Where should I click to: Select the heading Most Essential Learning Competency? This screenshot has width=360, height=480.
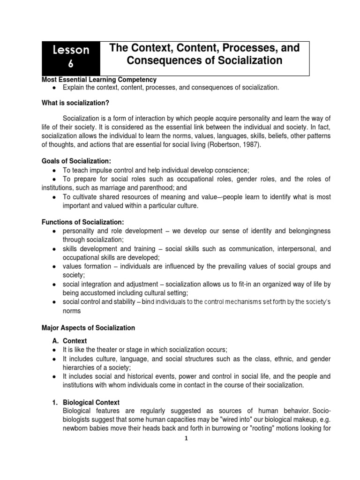99,80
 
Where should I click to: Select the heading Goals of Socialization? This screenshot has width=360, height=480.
76,161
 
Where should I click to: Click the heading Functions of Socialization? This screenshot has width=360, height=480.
83,222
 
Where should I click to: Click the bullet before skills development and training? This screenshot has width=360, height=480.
54,249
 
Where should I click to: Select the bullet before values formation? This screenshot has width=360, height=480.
54,267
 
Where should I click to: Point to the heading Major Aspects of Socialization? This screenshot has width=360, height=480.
89,328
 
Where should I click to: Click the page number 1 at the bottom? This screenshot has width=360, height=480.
186,438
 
